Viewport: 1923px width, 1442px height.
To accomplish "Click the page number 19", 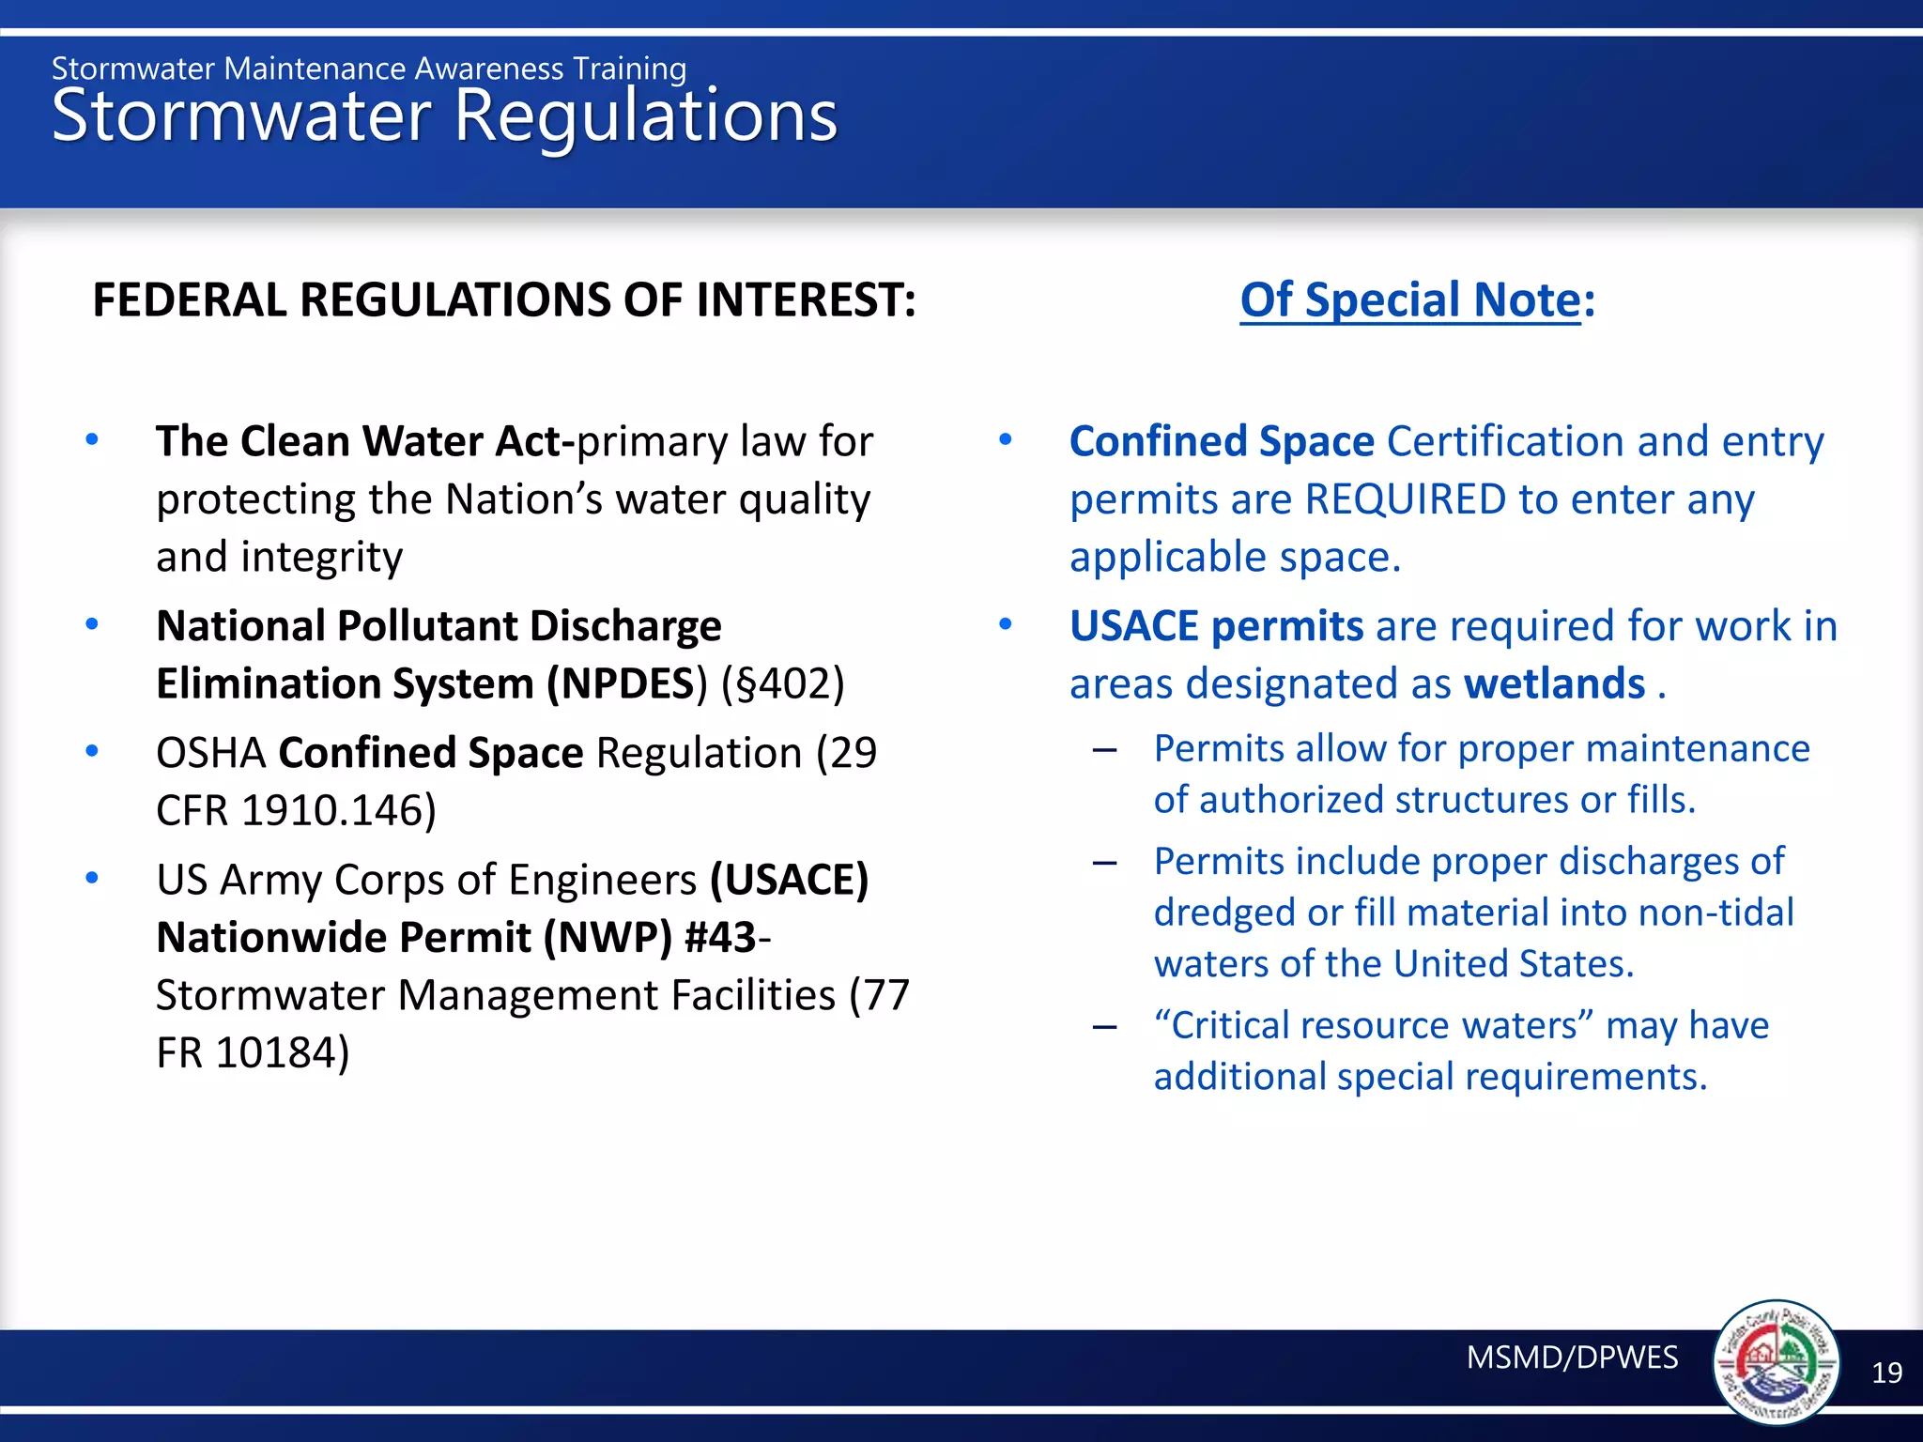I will coord(1886,1373).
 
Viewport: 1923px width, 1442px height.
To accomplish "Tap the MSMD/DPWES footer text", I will coord(1572,1358).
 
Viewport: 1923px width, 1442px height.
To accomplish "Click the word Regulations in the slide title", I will coord(645,116).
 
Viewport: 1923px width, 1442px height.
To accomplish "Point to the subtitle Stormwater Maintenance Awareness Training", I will coord(368,69).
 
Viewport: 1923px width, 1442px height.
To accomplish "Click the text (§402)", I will coord(782,683).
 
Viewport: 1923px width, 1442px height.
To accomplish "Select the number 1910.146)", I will coord(339,810).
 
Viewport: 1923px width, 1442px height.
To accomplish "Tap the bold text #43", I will coord(720,937).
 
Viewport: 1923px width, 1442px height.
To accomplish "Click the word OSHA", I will coord(211,753).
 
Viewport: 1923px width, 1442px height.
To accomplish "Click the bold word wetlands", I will coord(1554,683).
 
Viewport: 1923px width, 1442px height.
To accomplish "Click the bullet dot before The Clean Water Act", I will coord(91,439).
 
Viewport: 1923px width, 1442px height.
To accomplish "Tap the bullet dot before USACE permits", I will coord(1005,624).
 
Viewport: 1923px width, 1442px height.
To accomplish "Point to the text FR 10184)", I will coord(252,1052).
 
